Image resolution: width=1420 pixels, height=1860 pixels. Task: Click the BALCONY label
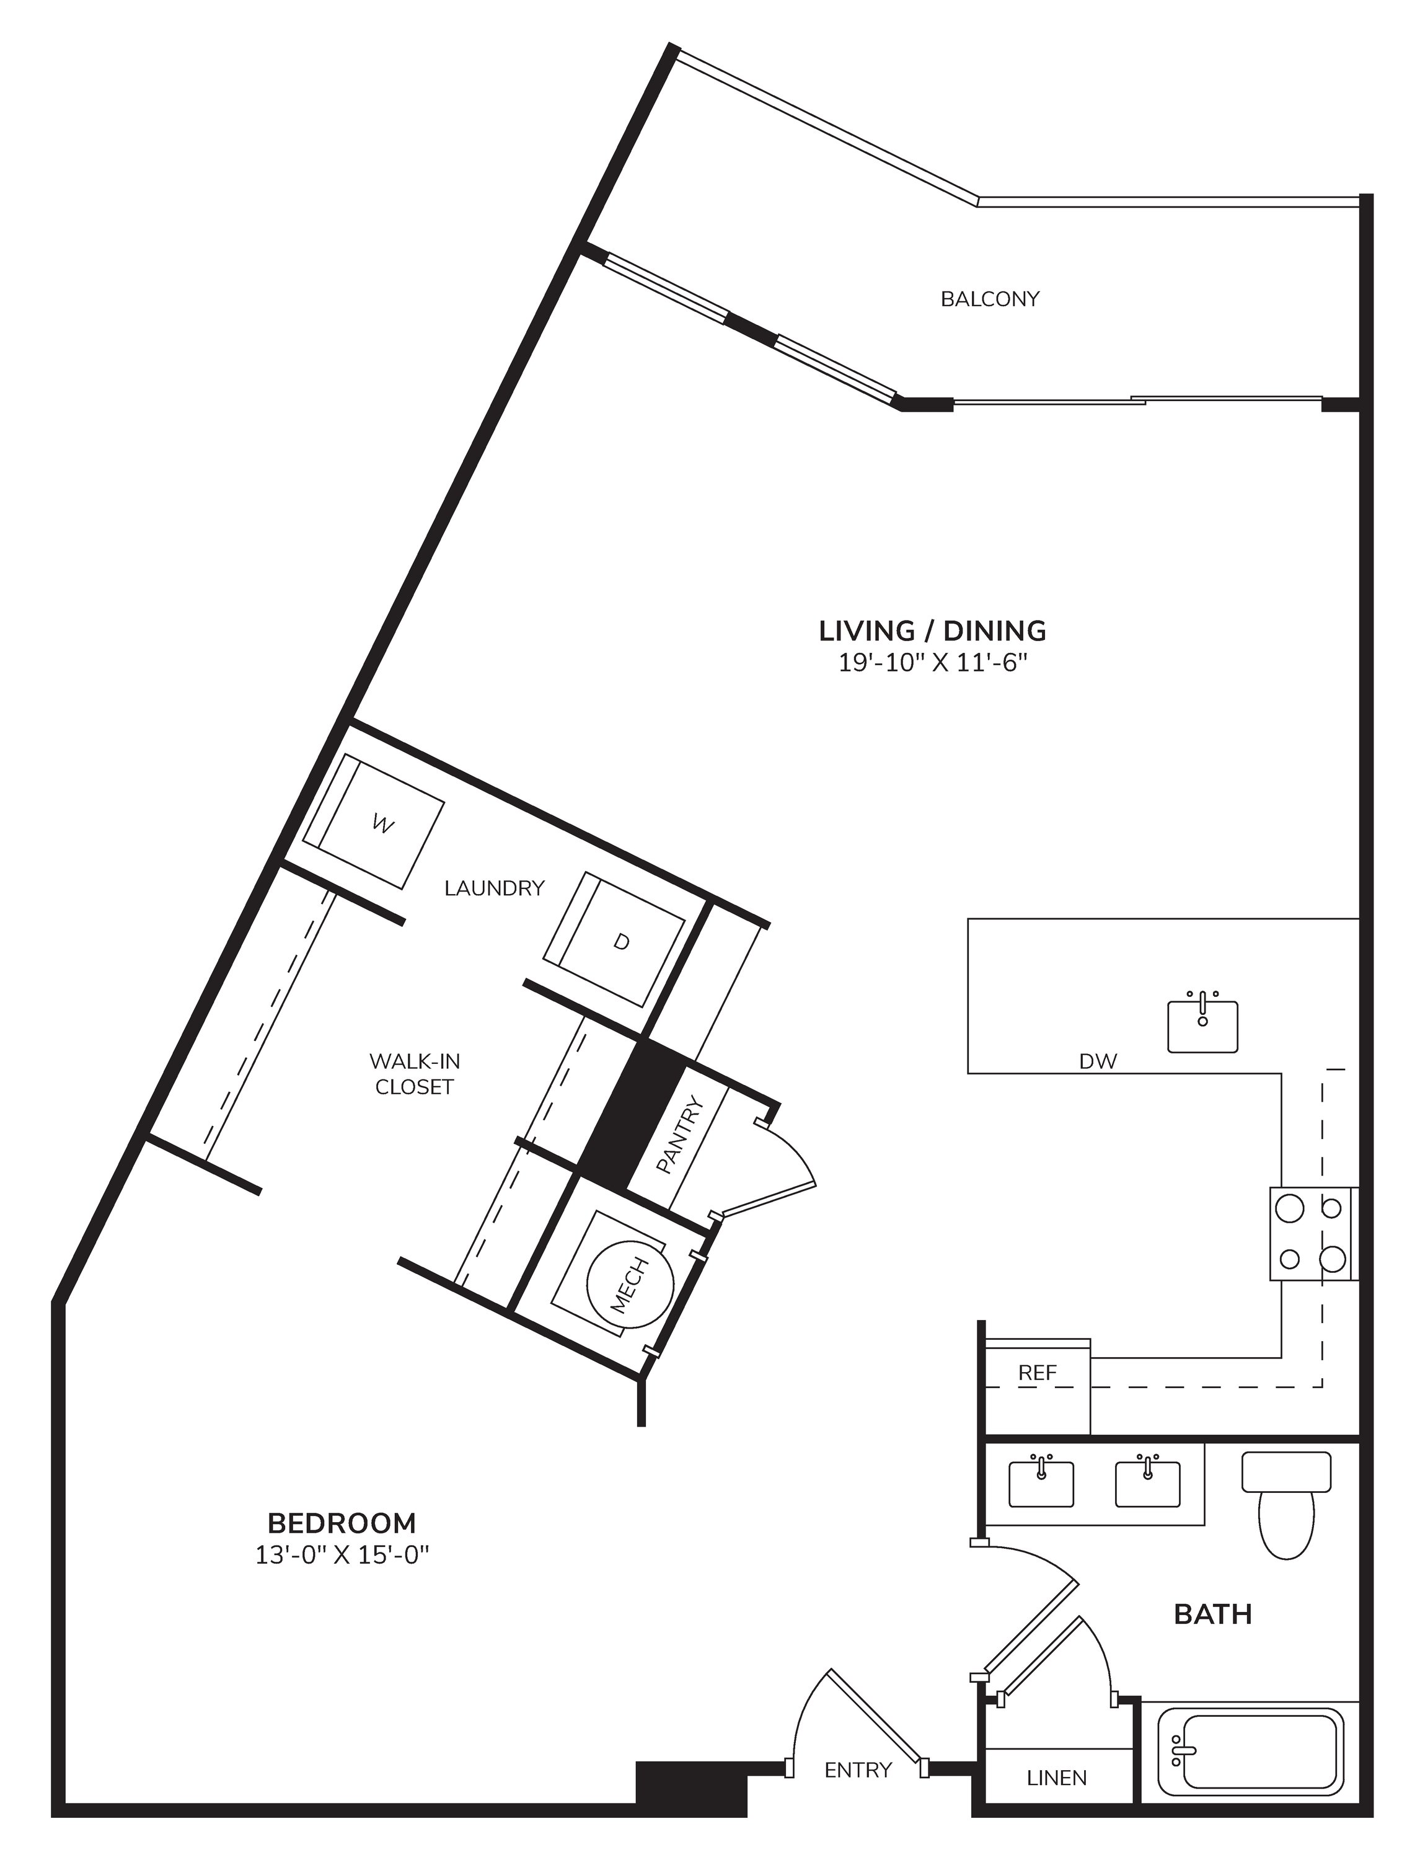tap(990, 299)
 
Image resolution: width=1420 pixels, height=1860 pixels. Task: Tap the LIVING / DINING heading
tap(932, 631)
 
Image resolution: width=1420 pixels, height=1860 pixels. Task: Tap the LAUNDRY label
tap(495, 888)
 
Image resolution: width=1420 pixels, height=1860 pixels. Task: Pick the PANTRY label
tap(679, 1135)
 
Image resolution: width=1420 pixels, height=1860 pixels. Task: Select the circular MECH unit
tap(630, 1286)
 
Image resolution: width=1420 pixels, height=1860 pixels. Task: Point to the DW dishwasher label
tap(1098, 1061)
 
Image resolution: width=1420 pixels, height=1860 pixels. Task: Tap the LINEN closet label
tap(1057, 1778)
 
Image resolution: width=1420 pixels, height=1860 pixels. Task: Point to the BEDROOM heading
tap(342, 1523)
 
